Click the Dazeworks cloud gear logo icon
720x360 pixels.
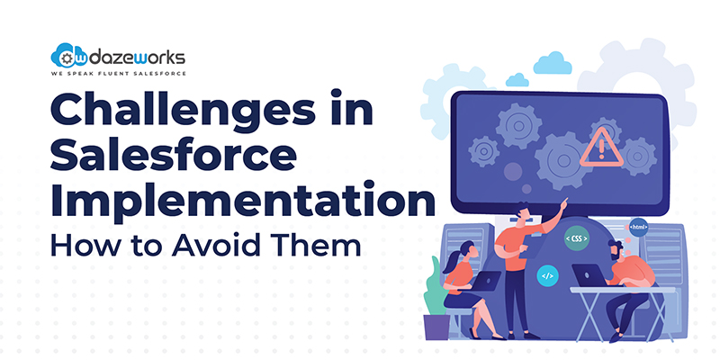click(69, 56)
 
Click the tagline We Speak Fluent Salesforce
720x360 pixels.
click(118, 74)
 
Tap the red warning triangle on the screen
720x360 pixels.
click(601, 147)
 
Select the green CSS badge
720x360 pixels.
click(577, 238)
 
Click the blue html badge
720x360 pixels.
click(638, 227)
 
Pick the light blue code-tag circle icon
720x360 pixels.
click(548, 276)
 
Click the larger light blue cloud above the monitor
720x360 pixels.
click(553, 63)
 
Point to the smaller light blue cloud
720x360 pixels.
click(517, 80)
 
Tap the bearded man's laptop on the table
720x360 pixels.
click(589, 275)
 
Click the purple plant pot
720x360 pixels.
click(436, 327)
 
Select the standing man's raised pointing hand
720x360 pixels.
click(563, 202)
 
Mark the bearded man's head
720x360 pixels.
click(616, 249)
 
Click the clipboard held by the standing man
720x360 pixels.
click(533, 243)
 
